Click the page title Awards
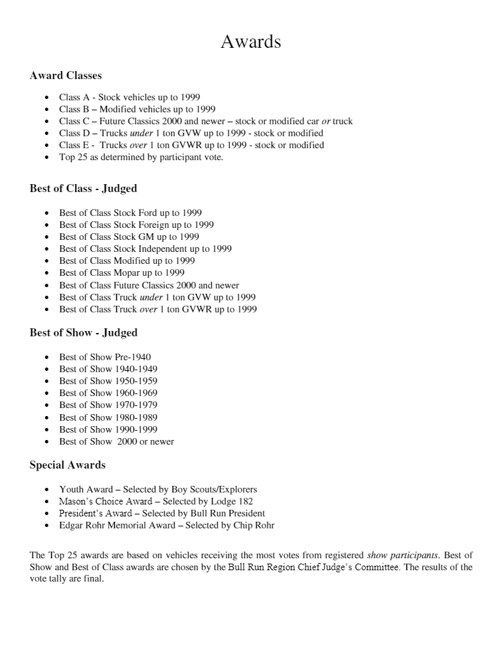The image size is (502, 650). [x=250, y=42]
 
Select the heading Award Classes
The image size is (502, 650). [x=65, y=76]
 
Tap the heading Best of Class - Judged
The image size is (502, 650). [x=83, y=189]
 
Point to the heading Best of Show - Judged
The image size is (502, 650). [x=83, y=333]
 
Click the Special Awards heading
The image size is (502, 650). [x=67, y=465]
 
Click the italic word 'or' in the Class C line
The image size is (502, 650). [x=326, y=121]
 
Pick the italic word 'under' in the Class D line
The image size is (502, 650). [x=141, y=133]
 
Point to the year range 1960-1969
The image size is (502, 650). [x=136, y=393]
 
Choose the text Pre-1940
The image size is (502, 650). [x=133, y=357]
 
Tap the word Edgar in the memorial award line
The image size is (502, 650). [x=71, y=525]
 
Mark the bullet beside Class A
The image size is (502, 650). [x=46, y=98]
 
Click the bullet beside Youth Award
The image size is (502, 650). [x=46, y=490]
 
